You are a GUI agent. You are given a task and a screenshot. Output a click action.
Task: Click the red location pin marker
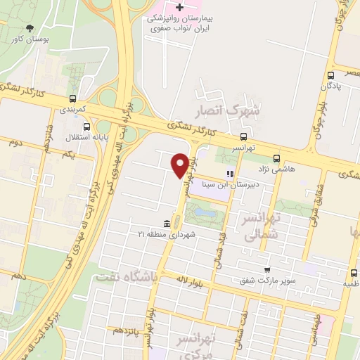180,165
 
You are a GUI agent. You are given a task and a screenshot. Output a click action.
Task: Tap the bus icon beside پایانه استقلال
86,127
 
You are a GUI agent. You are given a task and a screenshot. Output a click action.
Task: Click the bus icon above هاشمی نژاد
276,159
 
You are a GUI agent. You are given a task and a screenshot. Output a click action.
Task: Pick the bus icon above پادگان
330,75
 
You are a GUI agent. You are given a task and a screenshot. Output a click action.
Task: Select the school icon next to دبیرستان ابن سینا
229,173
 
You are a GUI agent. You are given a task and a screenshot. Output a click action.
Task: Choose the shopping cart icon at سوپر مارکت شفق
266,270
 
